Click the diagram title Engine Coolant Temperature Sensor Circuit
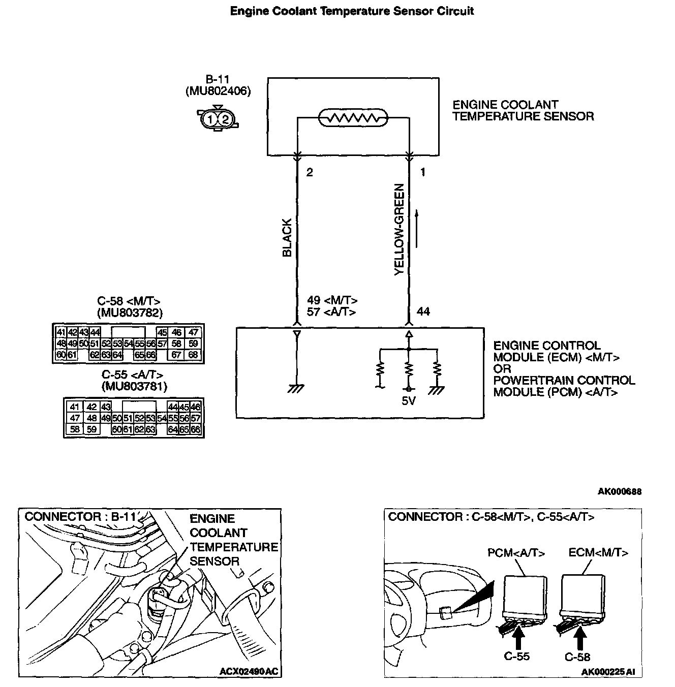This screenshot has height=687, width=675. pos(352,11)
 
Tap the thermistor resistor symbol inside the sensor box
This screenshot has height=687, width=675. pos(353,118)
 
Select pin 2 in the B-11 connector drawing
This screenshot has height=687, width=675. pos(225,119)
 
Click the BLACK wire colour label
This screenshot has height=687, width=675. pos(287,238)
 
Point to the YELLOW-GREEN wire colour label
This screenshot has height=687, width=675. pos(400,230)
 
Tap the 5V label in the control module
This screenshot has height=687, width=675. pos(409,401)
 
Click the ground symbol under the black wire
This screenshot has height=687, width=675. pos(296,388)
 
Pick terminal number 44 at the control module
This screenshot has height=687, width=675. pos(423,311)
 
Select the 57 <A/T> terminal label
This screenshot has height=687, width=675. pos(331,312)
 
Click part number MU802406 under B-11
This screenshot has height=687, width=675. pos(218,91)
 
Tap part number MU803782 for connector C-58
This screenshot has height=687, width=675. pos(130,313)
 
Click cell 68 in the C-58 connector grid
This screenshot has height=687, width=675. pos(193,355)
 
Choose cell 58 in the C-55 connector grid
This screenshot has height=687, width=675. pos(75,429)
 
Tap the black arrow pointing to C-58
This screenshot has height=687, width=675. pos(580,637)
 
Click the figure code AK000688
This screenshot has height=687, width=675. pos(620,491)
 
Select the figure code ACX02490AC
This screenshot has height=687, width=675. pos(249,671)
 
